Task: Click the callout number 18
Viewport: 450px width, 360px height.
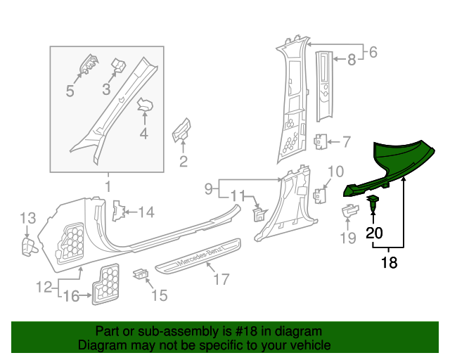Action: pyautogui.click(x=389, y=263)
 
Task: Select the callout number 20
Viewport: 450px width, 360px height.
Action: pyautogui.click(x=374, y=233)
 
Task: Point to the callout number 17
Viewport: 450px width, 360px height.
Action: pyautogui.click(x=221, y=280)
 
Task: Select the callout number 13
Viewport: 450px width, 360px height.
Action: pyautogui.click(x=27, y=218)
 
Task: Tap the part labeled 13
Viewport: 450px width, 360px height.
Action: pyautogui.click(x=28, y=244)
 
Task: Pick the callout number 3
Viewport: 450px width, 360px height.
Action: pyautogui.click(x=106, y=89)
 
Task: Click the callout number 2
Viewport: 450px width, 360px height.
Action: pyautogui.click(x=183, y=163)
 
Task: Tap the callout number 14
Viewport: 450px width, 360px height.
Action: pyautogui.click(x=146, y=212)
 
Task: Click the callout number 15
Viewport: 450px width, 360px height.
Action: pyautogui.click(x=160, y=295)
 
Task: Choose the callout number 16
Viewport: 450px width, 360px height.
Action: pyautogui.click(x=71, y=297)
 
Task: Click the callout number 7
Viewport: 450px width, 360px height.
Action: pyautogui.click(x=346, y=142)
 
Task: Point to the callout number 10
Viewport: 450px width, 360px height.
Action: pyautogui.click(x=335, y=171)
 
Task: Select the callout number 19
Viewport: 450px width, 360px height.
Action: pyautogui.click(x=348, y=238)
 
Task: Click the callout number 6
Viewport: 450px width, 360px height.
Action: pyautogui.click(x=373, y=51)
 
